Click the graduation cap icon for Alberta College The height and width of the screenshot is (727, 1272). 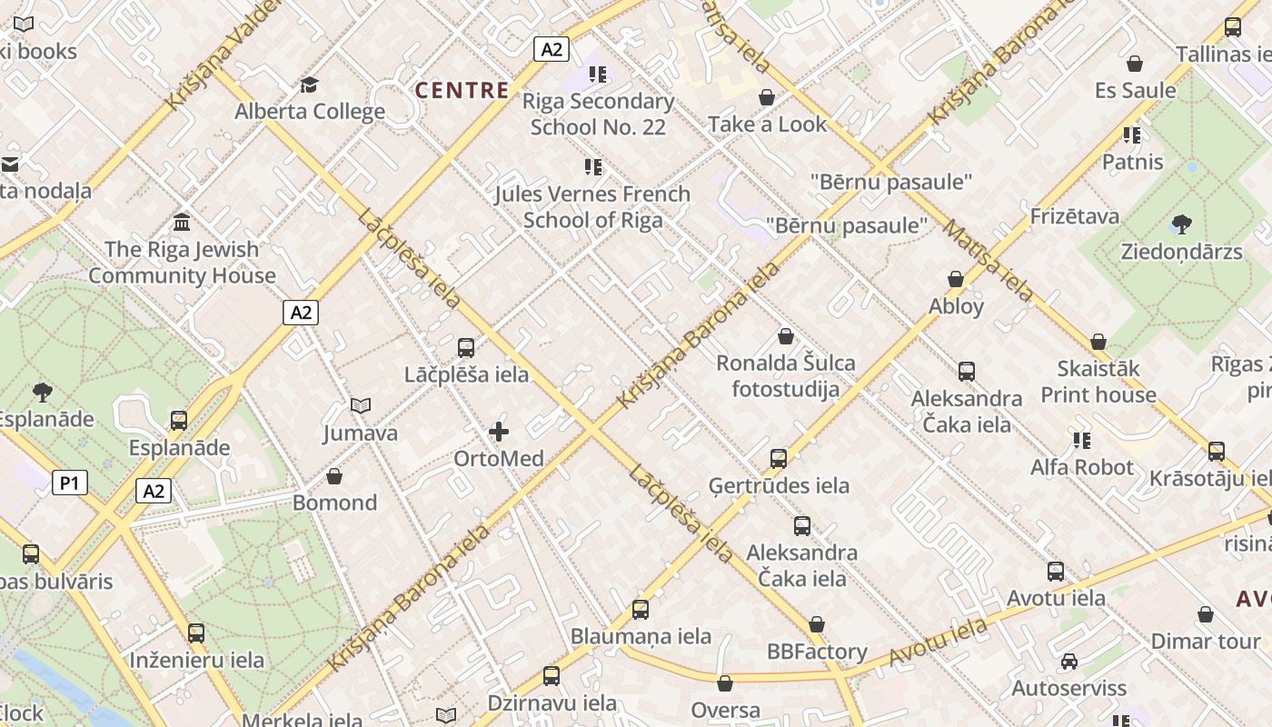point(310,85)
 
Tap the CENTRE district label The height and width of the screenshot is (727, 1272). point(462,90)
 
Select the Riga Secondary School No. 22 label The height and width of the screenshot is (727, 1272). point(598,114)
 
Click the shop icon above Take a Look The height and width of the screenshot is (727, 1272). point(767,97)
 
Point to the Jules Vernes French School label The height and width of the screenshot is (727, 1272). point(592,207)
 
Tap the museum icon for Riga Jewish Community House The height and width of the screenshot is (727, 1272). point(182,222)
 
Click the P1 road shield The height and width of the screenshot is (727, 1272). point(70,483)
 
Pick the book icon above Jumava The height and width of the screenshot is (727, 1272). point(361,405)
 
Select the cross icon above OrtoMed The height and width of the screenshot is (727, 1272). point(499,432)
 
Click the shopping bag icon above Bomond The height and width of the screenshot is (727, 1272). point(334,476)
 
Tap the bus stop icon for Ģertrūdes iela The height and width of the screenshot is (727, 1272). point(779,458)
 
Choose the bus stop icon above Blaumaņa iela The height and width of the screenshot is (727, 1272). point(641,610)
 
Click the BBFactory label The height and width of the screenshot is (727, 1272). point(817,652)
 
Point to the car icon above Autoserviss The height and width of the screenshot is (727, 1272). point(1069,662)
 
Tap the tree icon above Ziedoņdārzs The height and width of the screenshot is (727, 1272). point(1181,224)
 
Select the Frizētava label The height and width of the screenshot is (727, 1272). point(1075,216)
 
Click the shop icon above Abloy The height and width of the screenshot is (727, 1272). point(956,279)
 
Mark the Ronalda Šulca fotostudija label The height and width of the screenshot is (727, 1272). point(786,376)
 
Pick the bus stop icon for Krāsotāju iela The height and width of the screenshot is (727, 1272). point(1217,452)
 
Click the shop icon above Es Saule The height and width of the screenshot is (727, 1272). point(1134,64)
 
